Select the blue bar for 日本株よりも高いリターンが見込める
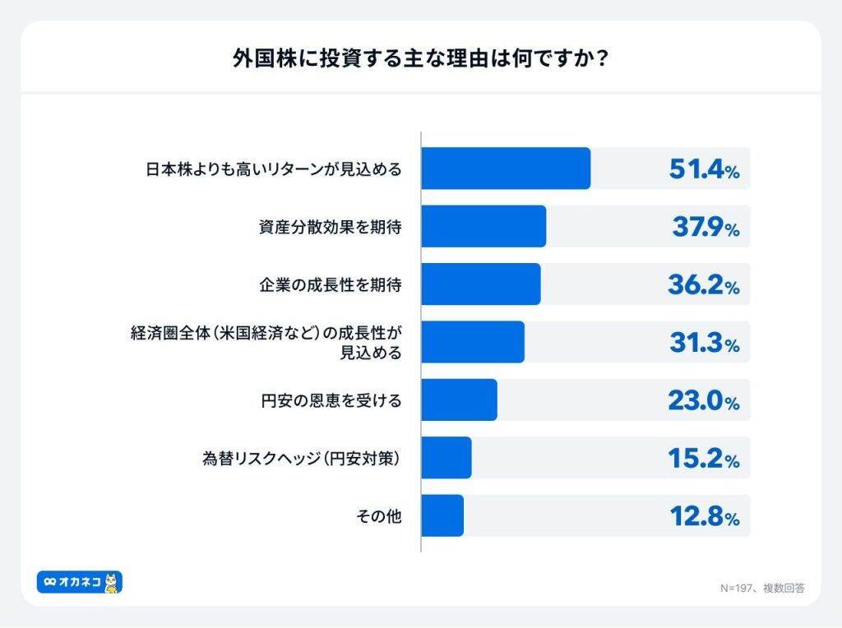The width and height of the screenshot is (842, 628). click(506, 169)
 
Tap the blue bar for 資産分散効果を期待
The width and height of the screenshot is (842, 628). click(483, 226)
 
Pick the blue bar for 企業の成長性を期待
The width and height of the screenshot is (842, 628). click(481, 284)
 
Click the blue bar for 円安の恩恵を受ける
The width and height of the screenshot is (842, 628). click(459, 400)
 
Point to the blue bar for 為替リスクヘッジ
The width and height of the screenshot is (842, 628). click(446, 458)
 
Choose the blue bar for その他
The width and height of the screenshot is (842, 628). click(442, 515)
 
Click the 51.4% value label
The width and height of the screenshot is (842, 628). click(704, 169)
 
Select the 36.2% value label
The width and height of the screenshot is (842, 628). click(704, 285)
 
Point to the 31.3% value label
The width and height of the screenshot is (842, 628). click(704, 343)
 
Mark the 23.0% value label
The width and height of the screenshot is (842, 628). click(704, 400)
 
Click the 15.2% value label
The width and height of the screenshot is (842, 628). click(704, 459)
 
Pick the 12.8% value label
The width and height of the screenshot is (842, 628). click(704, 516)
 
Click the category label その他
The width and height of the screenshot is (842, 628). click(379, 516)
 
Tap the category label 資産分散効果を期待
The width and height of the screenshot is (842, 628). click(330, 227)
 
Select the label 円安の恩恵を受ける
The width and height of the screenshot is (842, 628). click(330, 401)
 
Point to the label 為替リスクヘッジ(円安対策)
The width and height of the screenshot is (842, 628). click(302, 459)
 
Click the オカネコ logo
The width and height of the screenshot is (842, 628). click(80, 582)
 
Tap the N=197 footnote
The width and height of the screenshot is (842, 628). click(761, 588)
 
